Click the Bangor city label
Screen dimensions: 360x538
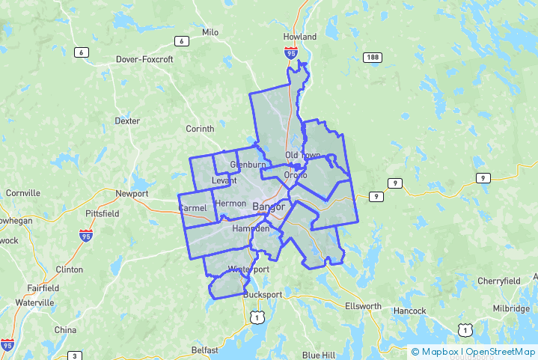[x=269, y=207]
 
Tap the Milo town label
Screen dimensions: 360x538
[x=210, y=32]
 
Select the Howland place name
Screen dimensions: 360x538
[x=300, y=37]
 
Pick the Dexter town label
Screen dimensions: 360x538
[x=127, y=120]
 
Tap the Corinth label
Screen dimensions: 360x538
[x=200, y=129]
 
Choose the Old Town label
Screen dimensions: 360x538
[x=302, y=155]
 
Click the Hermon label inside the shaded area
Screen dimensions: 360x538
[x=230, y=203]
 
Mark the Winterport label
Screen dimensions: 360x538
[x=248, y=269]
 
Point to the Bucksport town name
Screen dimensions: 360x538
[x=263, y=295]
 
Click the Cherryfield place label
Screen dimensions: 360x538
[x=499, y=281]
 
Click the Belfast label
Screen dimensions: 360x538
[x=205, y=350]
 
